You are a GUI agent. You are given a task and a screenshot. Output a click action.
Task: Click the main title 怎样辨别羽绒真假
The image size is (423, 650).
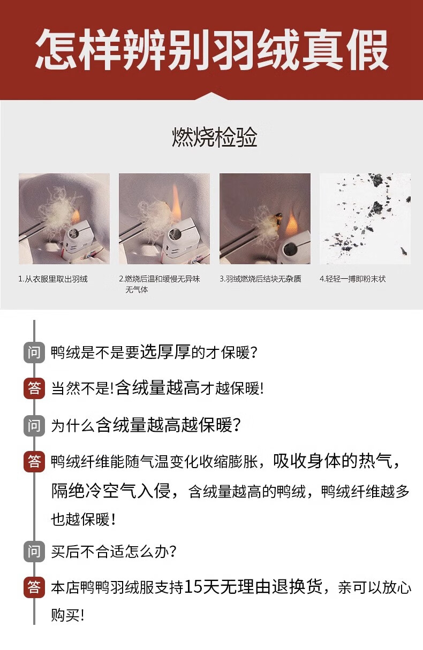point(212,49)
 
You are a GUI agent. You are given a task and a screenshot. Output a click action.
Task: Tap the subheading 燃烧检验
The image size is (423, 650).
point(214,137)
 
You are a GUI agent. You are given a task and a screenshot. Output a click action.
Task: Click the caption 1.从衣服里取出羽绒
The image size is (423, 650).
point(52,279)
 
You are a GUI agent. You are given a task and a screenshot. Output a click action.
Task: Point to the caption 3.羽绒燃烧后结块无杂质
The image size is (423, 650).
point(260,279)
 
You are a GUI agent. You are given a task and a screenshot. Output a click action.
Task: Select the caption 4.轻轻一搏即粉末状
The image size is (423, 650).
point(353,279)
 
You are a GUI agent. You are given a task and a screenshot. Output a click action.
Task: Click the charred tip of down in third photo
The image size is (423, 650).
point(277,219)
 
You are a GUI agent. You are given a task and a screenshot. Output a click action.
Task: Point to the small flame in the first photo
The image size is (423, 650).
point(75,216)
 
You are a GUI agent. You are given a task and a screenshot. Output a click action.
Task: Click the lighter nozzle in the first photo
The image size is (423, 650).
point(73,234)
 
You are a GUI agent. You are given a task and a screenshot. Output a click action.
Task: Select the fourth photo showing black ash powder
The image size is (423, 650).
point(365,219)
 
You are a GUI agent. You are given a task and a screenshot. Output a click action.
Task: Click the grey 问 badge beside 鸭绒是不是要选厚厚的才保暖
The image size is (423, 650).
point(34,353)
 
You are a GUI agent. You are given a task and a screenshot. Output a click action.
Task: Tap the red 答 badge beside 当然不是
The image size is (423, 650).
point(34,388)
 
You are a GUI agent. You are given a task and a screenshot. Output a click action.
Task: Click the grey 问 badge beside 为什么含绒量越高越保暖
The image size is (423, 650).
point(34,426)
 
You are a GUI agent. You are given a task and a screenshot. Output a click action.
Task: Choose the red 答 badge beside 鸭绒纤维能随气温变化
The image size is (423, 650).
point(34,462)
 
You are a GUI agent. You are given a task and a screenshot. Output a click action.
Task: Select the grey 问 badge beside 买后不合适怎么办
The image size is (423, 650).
point(34,552)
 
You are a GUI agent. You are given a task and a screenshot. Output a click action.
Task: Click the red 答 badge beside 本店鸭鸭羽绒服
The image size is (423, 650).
point(34,587)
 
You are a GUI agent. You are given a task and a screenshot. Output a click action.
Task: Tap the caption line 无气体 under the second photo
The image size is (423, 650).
point(137,289)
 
